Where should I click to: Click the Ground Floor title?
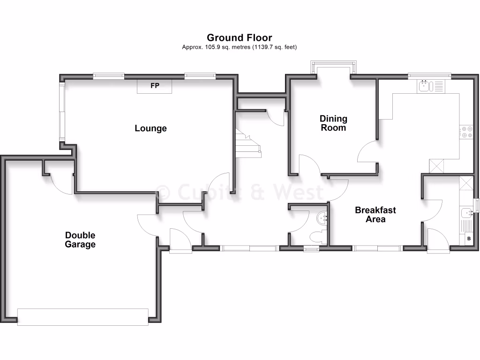click(x=240, y=37)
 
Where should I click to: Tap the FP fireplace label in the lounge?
click(x=154, y=86)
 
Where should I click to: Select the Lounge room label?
click(x=150, y=128)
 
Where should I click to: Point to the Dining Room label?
click(x=333, y=123)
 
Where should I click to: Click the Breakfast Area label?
click(x=375, y=215)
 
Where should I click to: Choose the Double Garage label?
click(x=80, y=240)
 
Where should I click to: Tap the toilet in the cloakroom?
click(x=318, y=236)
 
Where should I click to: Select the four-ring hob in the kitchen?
click(x=466, y=132)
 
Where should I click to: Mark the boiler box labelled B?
click(x=468, y=239)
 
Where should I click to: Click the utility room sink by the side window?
click(x=466, y=214)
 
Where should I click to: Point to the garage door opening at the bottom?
click(x=83, y=316)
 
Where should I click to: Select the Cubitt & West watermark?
click(x=240, y=192)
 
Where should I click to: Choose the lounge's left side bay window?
click(x=61, y=112)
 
